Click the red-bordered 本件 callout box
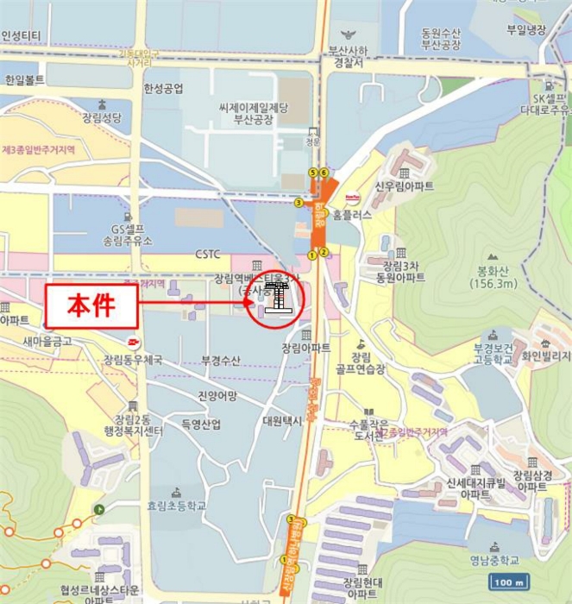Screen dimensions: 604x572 tap(92, 304)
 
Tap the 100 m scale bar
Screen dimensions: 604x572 tap(511, 582)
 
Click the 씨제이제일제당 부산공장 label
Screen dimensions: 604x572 tap(253, 114)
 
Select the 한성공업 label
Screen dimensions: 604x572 tap(163, 88)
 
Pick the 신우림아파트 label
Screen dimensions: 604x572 tap(404, 186)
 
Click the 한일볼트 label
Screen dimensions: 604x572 tap(24, 79)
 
